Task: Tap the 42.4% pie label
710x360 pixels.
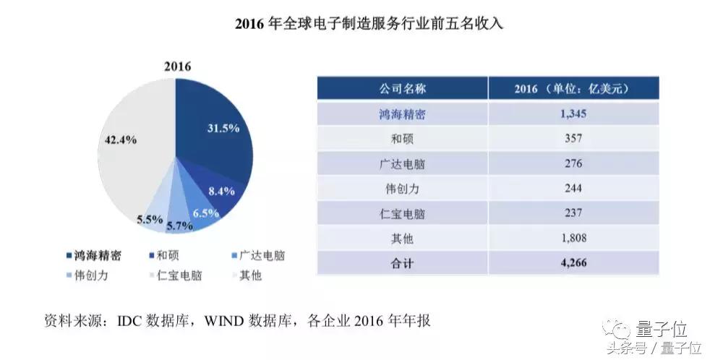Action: click(120, 140)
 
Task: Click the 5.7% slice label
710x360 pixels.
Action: click(181, 226)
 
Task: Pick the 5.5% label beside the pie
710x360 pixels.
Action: click(150, 219)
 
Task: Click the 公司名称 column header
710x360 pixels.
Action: click(402, 89)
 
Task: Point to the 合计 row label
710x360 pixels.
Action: click(402, 262)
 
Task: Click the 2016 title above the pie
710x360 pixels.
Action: click(176, 67)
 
